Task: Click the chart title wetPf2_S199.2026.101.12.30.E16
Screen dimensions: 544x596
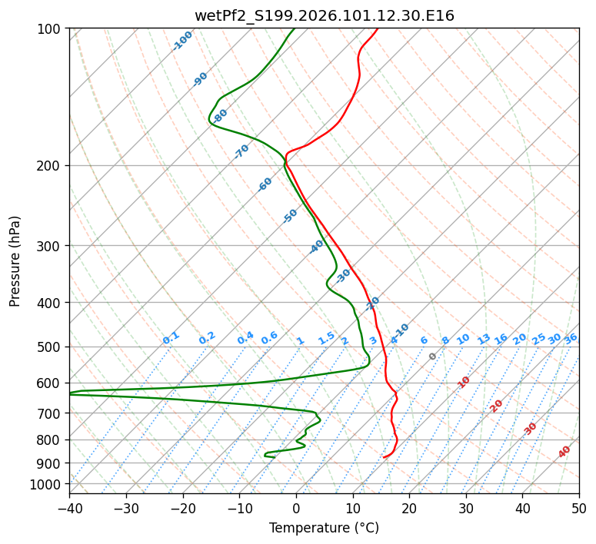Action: [324, 15]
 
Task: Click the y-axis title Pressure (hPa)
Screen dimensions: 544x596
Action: [15, 261]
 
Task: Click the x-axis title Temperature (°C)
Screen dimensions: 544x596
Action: [324, 529]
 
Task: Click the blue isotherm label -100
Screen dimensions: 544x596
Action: [182, 41]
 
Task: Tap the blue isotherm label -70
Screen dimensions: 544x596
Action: [241, 151]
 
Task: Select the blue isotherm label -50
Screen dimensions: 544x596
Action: [290, 216]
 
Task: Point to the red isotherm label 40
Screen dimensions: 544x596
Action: [564, 452]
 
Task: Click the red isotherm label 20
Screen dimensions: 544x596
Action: [497, 405]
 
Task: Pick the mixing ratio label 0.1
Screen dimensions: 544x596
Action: [171, 338]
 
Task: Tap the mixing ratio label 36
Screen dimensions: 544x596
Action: [571, 338]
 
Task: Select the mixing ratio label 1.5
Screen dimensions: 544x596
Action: [326, 338]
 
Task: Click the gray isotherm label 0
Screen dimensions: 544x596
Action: [433, 357]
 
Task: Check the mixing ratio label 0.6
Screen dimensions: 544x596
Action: [269, 338]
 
